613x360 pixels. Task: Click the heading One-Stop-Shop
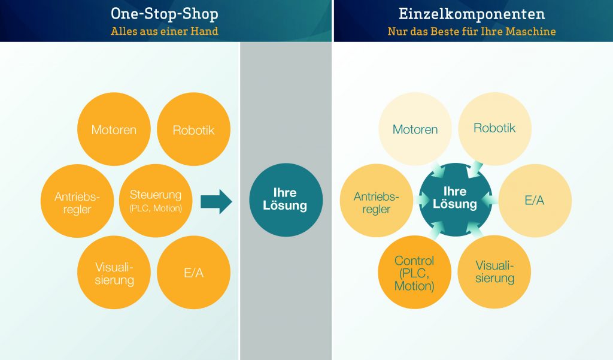pyautogui.click(x=164, y=14)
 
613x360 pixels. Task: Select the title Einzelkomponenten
pyautogui.click(x=472, y=14)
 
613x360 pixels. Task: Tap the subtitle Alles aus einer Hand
pyautogui.click(x=164, y=31)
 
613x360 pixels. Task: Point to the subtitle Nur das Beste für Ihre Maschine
pyautogui.click(x=472, y=31)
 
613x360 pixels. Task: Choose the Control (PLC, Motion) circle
pyautogui.click(x=414, y=273)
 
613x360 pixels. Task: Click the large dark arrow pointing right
pyautogui.click(x=216, y=201)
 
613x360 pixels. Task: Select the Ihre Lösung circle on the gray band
pyautogui.click(x=286, y=200)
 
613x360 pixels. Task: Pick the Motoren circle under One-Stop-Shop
pyautogui.click(x=114, y=129)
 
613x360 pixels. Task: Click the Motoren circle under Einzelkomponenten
pyautogui.click(x=415, y=129)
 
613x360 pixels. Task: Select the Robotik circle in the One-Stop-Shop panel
pyautogui.click(x=193, y=129)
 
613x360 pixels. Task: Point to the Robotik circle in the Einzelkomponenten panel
pyautogui.click(x=494, y=128)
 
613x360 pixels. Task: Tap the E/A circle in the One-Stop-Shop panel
pyautogui.click(x=193, y=273)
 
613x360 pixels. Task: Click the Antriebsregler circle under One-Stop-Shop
pyautogui.click(x=76, y=202)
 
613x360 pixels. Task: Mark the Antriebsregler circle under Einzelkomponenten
pyautogui.click(x=376, y=202)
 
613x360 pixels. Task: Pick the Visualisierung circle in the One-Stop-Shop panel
pyautogui.click(x=114, y=273)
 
